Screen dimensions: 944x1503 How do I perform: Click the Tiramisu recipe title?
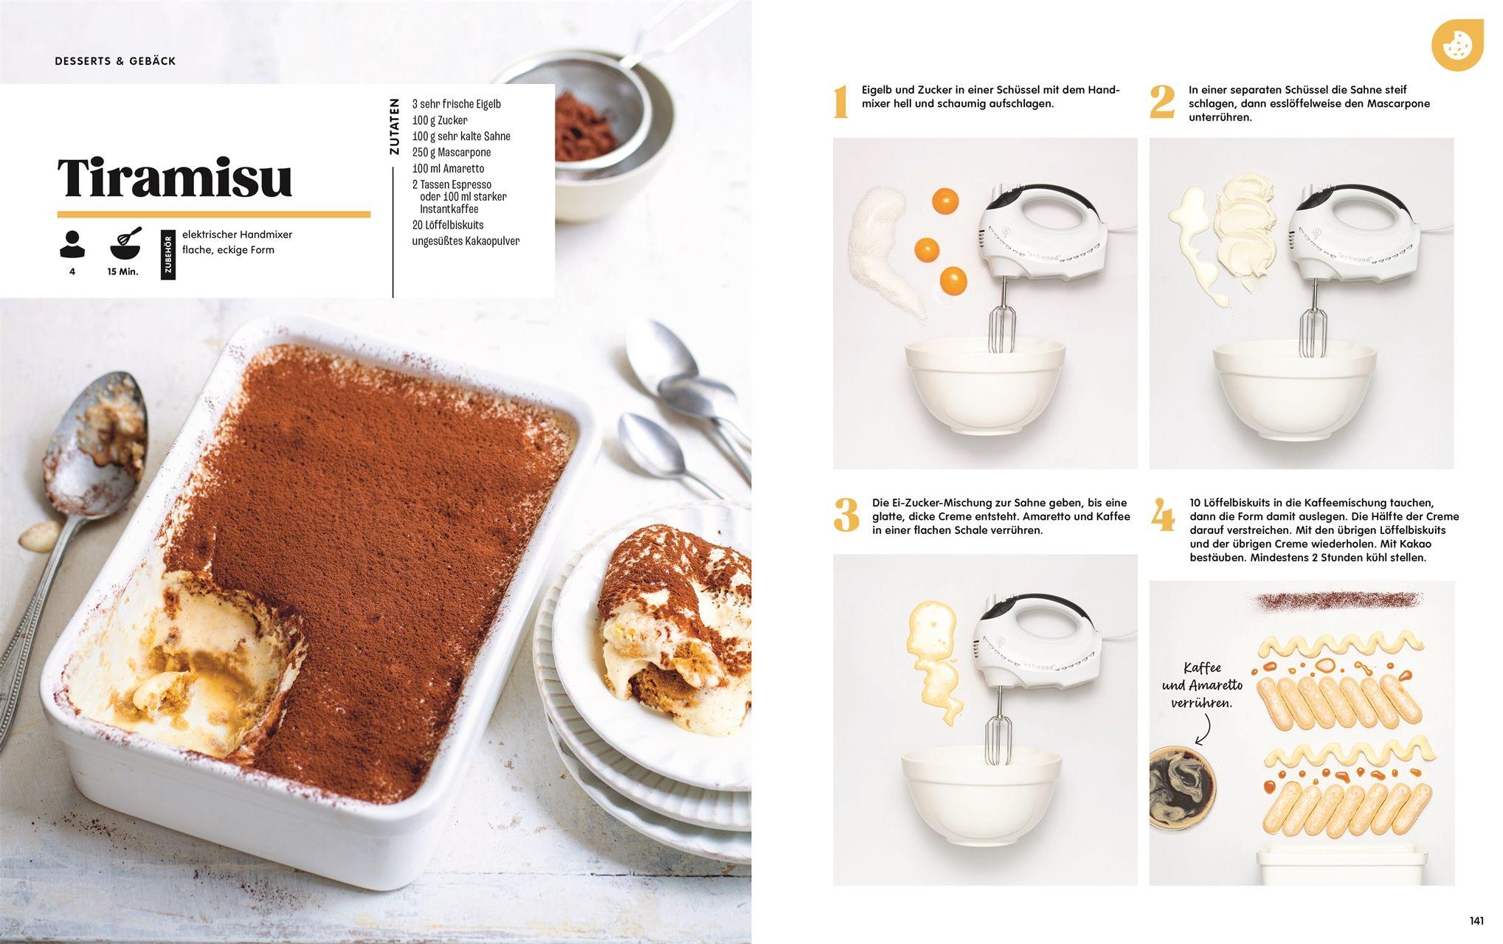tap(175, 178)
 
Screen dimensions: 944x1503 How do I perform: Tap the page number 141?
tap(1476, 920)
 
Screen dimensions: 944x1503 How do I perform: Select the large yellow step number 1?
tap(840, 102)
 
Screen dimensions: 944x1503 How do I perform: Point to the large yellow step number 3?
tap(846, 515)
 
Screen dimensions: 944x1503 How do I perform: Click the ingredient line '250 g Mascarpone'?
tap(451, 153)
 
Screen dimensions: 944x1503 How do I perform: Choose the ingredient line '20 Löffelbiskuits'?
tap(447, 225)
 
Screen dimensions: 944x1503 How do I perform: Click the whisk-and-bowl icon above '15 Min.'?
tap(126, 244)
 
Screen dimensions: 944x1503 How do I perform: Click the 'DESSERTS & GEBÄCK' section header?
tap(115, 61)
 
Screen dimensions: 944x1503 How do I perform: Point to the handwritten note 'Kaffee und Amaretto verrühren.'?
tap(1202, 685)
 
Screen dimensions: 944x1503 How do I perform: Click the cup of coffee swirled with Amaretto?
tap(1181, 788)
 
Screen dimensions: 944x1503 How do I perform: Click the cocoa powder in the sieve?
tap(584, 126)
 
